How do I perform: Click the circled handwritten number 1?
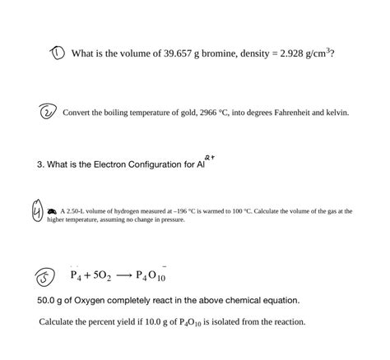pos(56,53)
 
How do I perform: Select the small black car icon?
pos(52,211)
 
